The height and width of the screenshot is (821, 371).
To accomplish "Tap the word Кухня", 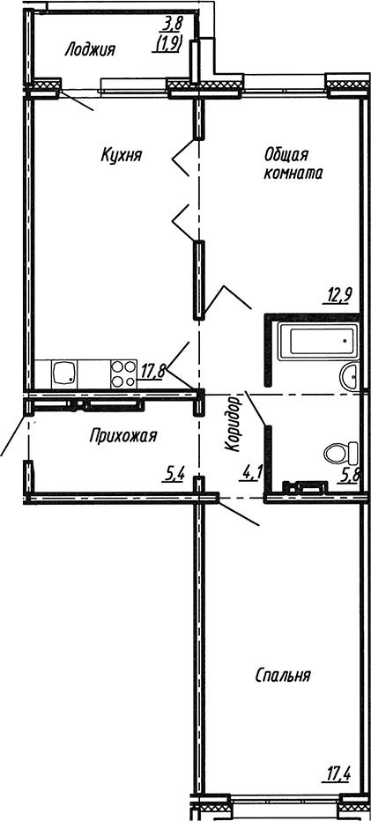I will (122, 156).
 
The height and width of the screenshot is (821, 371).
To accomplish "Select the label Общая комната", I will (292, 164).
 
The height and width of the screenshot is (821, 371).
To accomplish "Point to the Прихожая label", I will (123, 435).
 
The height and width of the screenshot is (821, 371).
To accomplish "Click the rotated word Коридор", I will (234, 424).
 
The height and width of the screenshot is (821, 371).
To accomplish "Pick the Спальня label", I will (282, 676).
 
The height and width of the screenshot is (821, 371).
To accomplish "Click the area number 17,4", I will (338, 775).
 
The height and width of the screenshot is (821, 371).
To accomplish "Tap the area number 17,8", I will (153, 372).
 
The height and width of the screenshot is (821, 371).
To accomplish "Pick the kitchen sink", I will (65, 374).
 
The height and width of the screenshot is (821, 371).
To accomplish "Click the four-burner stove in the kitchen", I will (122, 374).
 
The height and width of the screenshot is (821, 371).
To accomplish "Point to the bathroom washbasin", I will (349, 375).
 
